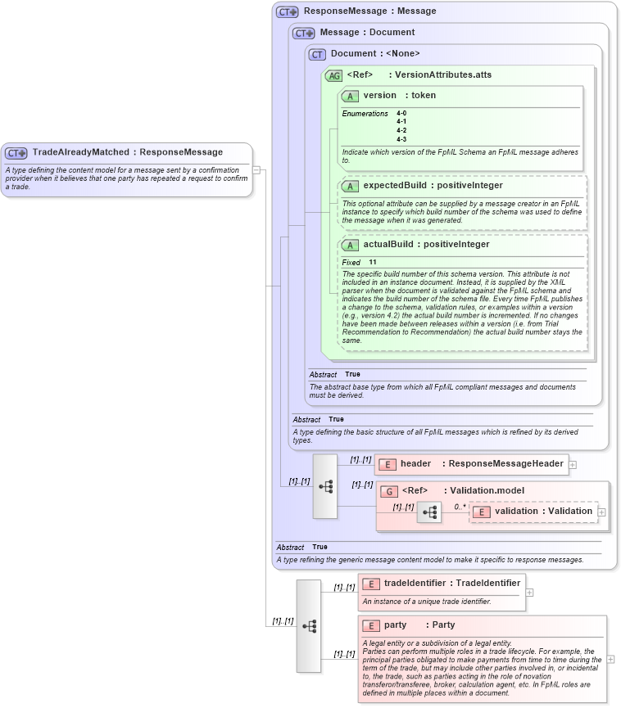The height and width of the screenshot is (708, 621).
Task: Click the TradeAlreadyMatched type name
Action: click(80, 152)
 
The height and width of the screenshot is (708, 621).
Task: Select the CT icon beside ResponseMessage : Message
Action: click(287, 11)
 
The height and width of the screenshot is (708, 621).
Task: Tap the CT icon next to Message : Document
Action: click(304, 33)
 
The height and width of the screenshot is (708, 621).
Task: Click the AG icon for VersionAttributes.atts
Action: click(334, 75)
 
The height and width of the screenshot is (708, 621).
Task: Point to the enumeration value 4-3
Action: click(401, 139)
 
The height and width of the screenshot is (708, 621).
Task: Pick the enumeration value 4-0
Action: click(401, 113)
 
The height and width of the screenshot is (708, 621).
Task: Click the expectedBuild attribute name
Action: click(394, 186)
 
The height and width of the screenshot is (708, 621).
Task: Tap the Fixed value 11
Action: click(373, 262)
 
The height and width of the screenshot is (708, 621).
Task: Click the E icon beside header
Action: click(388, 464)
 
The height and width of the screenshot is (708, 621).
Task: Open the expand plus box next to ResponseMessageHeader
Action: click(573, 464)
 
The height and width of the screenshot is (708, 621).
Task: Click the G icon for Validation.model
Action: click(390, 491)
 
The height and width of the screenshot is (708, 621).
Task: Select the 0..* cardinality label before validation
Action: click(460, 507)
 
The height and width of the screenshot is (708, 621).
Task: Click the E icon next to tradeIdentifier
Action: click(372, 584)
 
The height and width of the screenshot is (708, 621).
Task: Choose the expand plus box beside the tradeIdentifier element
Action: click(529, 592)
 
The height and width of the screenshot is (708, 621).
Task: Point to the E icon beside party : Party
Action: click(372, 625)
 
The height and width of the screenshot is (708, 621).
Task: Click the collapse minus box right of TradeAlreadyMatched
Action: click(256, 170)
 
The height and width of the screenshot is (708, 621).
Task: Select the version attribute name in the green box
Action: click(379, 96)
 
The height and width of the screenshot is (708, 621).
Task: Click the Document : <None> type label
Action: click(374, 54)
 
